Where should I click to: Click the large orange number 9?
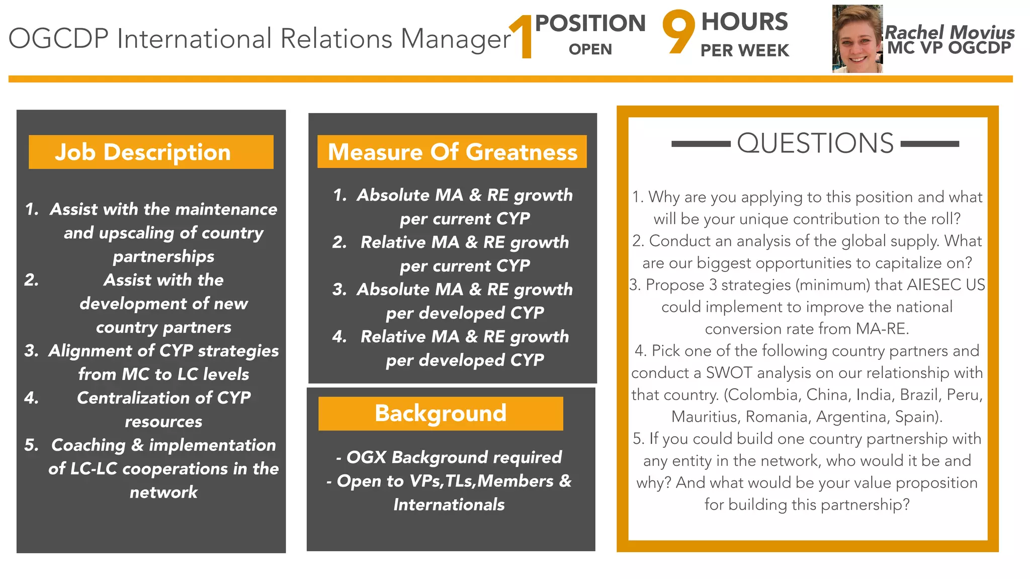click(678, 31)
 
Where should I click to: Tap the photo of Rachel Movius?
click(857, 39)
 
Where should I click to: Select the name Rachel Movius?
click(949, 32)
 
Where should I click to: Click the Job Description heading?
click(143, 152)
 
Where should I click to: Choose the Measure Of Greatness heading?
click(452, 152)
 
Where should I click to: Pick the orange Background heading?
click(440, 413)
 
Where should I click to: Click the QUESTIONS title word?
click(815, 143)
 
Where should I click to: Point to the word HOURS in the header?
click(744, 22)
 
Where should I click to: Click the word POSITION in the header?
click(590, 23)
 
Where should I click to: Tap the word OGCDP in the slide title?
click(58, 39)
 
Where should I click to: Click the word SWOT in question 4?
click(729, 373)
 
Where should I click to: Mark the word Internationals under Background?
click(449, 505)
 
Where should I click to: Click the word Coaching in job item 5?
click(88, 445)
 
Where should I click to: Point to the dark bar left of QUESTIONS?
click(701, 144)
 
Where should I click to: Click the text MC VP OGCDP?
click(949, 48)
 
